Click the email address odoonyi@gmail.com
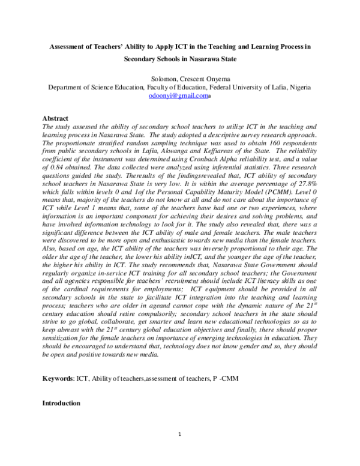click(176, 95)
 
